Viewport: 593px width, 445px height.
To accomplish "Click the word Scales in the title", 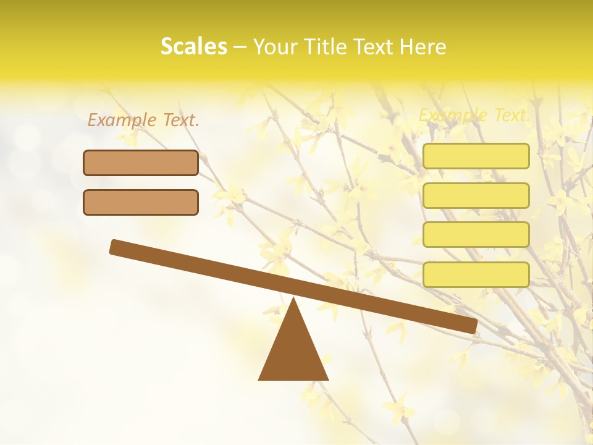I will click(193, 46).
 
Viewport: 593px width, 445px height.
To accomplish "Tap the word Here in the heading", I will click(423, 46).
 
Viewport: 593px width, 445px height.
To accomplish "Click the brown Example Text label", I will click(143, 120).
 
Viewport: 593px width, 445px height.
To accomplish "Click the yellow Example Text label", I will click(474, 115).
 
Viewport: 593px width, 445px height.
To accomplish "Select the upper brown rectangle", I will click(141, 163).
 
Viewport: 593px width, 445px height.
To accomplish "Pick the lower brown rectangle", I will click(141, 202).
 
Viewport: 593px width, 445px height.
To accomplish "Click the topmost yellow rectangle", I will click(476, 156).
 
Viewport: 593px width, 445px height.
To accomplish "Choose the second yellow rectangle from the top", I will click(476, 195).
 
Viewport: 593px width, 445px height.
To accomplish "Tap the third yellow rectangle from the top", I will click(476, 235).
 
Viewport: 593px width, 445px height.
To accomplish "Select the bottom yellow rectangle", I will click(476, 274).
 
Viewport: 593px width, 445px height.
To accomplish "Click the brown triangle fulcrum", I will click(293, 352).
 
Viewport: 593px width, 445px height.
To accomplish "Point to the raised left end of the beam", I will click(115, 247).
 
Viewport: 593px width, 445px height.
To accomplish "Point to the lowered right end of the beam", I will click(472, 325).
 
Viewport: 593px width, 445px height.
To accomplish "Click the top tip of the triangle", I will click(293, 299).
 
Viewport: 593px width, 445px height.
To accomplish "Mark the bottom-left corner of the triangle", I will click(259, 379).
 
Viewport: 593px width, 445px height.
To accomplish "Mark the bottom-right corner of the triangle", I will click(327, 379).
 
